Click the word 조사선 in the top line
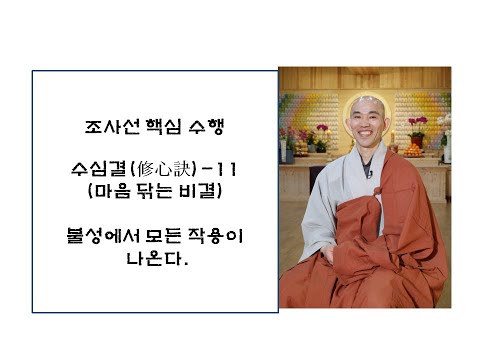[x=106, y=128]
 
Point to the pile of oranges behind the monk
[x=412, y=150]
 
